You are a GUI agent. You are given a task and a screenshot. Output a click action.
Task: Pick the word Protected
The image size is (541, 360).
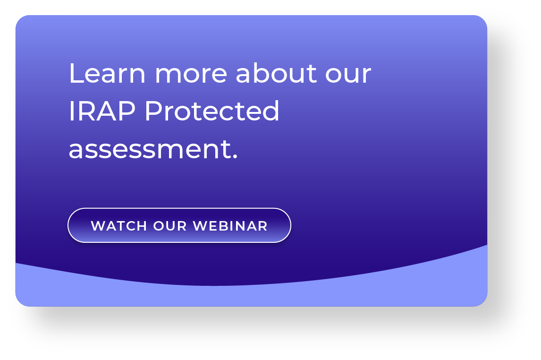pos(212,112)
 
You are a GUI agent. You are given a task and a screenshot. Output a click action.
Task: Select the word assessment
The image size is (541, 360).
pos(150,150)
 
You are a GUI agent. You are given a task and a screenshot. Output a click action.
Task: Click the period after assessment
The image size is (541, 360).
pos(235,157)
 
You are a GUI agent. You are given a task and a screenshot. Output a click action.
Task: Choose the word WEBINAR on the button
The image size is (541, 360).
pos(230,226)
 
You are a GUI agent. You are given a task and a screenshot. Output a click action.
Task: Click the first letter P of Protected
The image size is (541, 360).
pos(152,112)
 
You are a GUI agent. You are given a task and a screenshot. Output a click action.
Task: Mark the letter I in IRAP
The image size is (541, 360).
pos(71,112)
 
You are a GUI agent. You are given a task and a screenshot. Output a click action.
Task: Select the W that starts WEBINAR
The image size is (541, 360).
pos(200,226)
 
